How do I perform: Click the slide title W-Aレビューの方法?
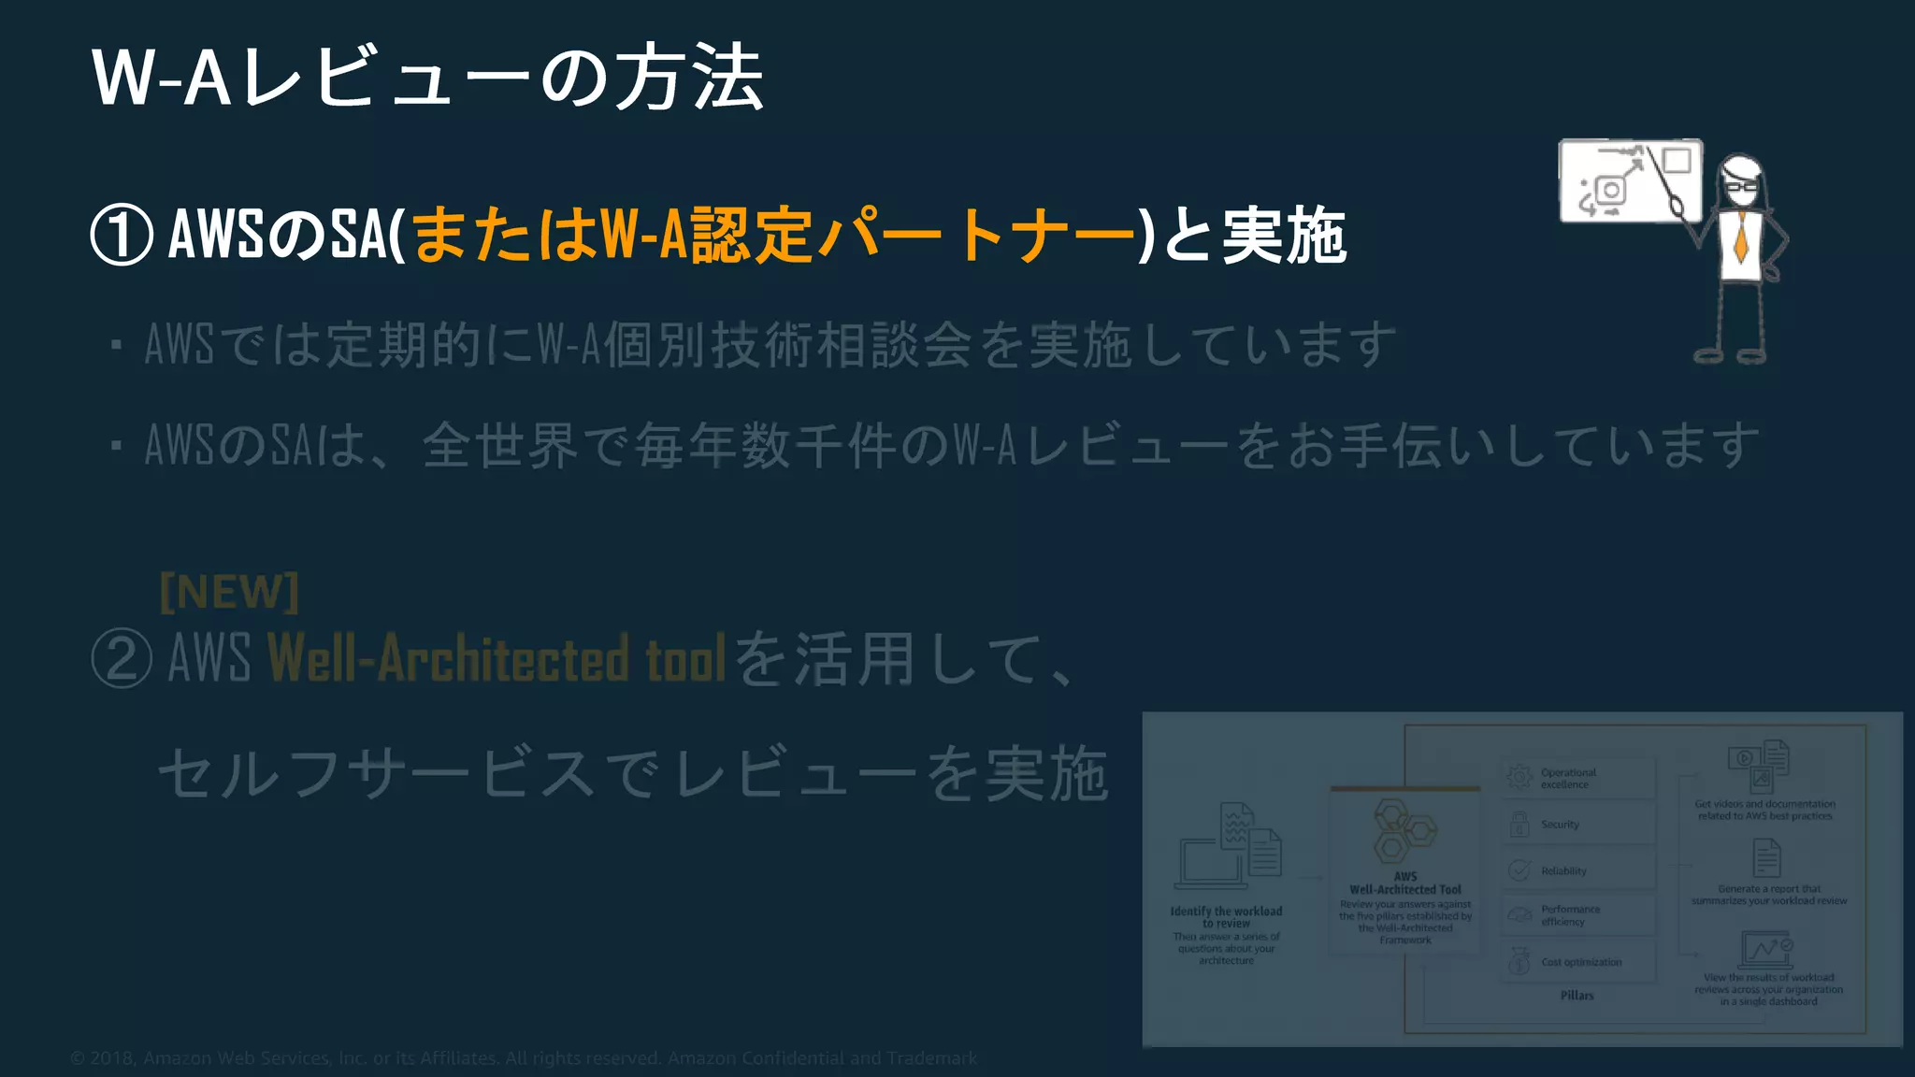click(428, 78)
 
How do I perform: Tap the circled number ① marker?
click(122, 236)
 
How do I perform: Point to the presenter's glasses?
click(1741, 185)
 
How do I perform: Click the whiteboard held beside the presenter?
click(1630, 180)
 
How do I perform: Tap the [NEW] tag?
click(229, 592)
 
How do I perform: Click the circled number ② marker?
click(122, 659)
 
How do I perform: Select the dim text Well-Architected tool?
click(497, 658)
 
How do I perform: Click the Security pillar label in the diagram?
click(1560, 825)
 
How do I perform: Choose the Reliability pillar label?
click(1563, 871)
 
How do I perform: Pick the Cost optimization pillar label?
click(1581, 962)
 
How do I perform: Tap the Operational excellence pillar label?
click(1568, 779)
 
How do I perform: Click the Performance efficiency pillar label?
click(1570, 915)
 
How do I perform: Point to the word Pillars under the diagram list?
click(1577, 996)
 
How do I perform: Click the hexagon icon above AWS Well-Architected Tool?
click(1403, 831)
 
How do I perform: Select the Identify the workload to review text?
click(1226, 917)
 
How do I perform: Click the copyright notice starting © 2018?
click(524, 1058)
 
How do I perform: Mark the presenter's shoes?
click(1730, 355)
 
